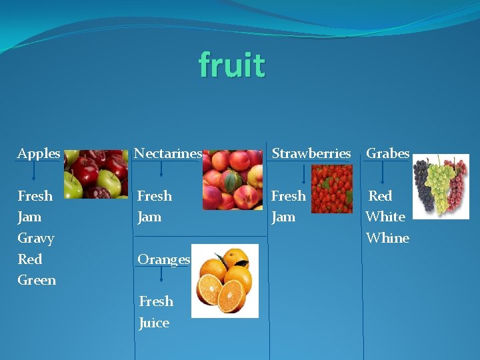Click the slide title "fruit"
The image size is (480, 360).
point(232,65)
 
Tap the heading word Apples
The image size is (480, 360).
point(39,153)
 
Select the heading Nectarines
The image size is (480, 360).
point(168,153)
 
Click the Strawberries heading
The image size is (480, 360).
point(311,153)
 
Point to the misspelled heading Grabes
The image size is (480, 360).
point(388,153)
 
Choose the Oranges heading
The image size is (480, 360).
point(164,259)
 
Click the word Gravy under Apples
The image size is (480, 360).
point(36,238)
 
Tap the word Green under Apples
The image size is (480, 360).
point(37,280)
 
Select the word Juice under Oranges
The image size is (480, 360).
point(154,323)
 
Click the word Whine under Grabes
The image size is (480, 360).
point(387,238)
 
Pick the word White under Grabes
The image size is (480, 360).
point(385,217)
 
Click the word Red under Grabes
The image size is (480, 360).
point(380,196)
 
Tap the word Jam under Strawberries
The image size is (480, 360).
point(283,217)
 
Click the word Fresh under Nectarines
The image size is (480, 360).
point(155,196)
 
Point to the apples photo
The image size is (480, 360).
point(96,175)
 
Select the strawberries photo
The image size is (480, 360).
point(331,189)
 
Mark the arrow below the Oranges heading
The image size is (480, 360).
point(161,273)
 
